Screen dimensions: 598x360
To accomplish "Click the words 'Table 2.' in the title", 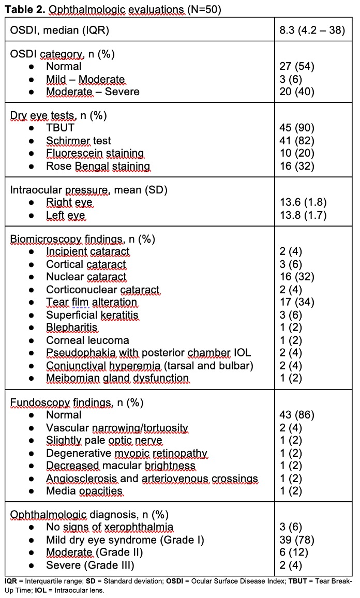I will pyautogui.click(x=23, y=8).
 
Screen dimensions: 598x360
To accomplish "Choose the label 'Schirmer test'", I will pyautogui.click(x=79, y=141).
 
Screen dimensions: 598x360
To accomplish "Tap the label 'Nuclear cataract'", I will pyautogui.click(x=86, y=277).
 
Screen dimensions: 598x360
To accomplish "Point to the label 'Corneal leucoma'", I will pyautogui.click(x=87, y=340).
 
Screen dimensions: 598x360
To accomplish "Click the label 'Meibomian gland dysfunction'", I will pyautogui.click(x=117, y=378).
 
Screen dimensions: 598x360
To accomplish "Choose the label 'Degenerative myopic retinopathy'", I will pyautogui.click(x=127, y=453).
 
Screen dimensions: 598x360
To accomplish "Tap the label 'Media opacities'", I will pyautogui.click(x=84, y=491).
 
